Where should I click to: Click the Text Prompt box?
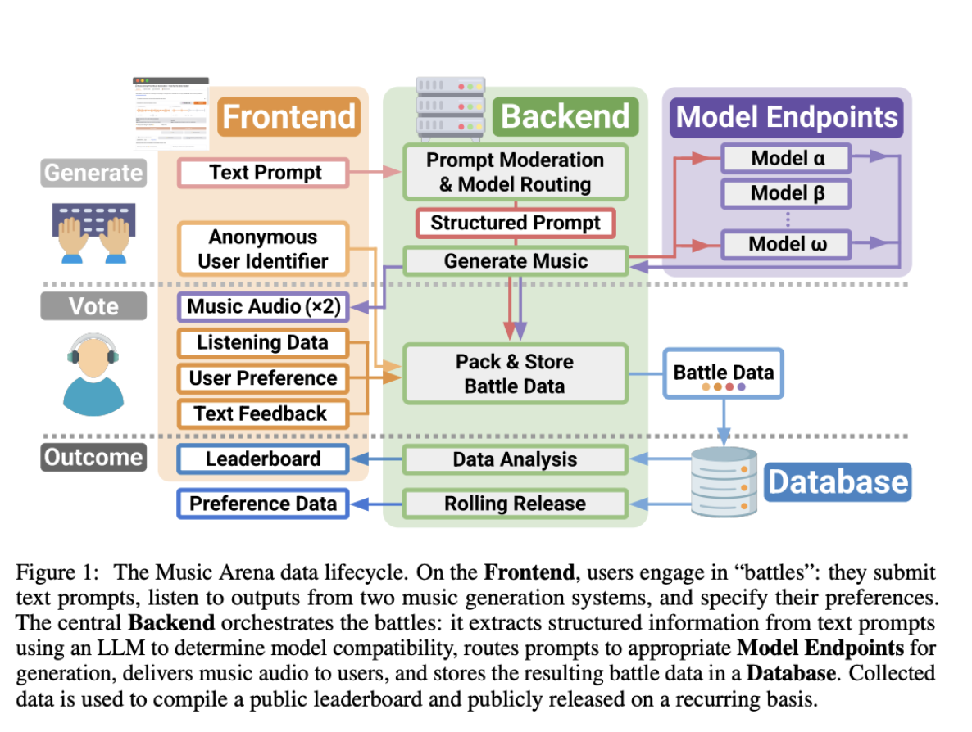click(265, 173)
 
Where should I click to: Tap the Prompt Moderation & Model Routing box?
click(515, 172)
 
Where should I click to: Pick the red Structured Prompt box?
click(516, 223)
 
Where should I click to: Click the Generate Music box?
click(516, 261)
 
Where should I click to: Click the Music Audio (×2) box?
click(263, 307)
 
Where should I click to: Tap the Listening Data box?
click(262, 343)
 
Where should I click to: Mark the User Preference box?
click(262, 378)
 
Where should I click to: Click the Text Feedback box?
click(262, 413)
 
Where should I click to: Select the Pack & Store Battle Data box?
click(515, 373)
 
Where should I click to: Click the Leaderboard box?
click(262, 459)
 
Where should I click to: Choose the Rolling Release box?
click(515, 504)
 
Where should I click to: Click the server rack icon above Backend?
click(450, 108)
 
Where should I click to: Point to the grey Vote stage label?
click(93, 306)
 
